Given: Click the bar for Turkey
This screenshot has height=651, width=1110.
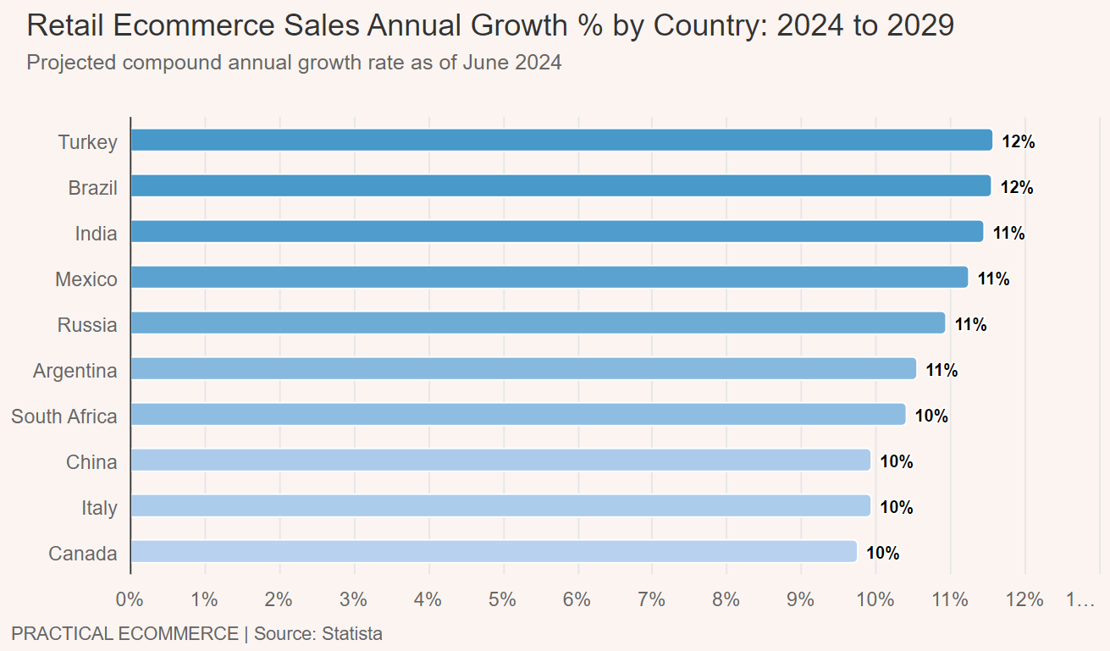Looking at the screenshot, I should (561, 141).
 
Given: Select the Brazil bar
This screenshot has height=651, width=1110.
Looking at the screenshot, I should (561, 186).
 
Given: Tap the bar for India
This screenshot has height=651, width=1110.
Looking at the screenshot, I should (557, 232).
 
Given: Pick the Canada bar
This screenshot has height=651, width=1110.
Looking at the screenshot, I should (494, 552).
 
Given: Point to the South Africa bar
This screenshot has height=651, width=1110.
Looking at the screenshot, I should (518, 415).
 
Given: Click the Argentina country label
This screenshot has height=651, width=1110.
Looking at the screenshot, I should (75, 371).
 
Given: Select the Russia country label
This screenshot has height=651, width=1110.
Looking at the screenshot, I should (87, 325).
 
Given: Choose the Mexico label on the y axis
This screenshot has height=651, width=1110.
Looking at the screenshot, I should (86, 279).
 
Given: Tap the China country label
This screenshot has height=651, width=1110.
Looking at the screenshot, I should (91, 462).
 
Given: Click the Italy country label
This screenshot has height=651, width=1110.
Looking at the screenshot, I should (99, 508).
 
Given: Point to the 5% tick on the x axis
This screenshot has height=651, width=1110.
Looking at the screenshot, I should (503, 600).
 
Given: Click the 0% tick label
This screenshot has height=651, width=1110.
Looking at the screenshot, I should (130, 600).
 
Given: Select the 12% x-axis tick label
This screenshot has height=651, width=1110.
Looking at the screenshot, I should (1024, 600).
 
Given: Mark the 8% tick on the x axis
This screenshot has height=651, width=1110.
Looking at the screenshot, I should (726, 600).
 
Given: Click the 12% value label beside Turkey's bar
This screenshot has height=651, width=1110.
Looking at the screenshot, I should (1019, 142).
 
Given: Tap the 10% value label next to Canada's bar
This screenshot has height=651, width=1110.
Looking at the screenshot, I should (882, 554).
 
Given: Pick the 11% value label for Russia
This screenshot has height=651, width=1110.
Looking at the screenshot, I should (970, 325).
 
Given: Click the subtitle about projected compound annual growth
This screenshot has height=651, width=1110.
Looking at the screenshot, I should (294, 63).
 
